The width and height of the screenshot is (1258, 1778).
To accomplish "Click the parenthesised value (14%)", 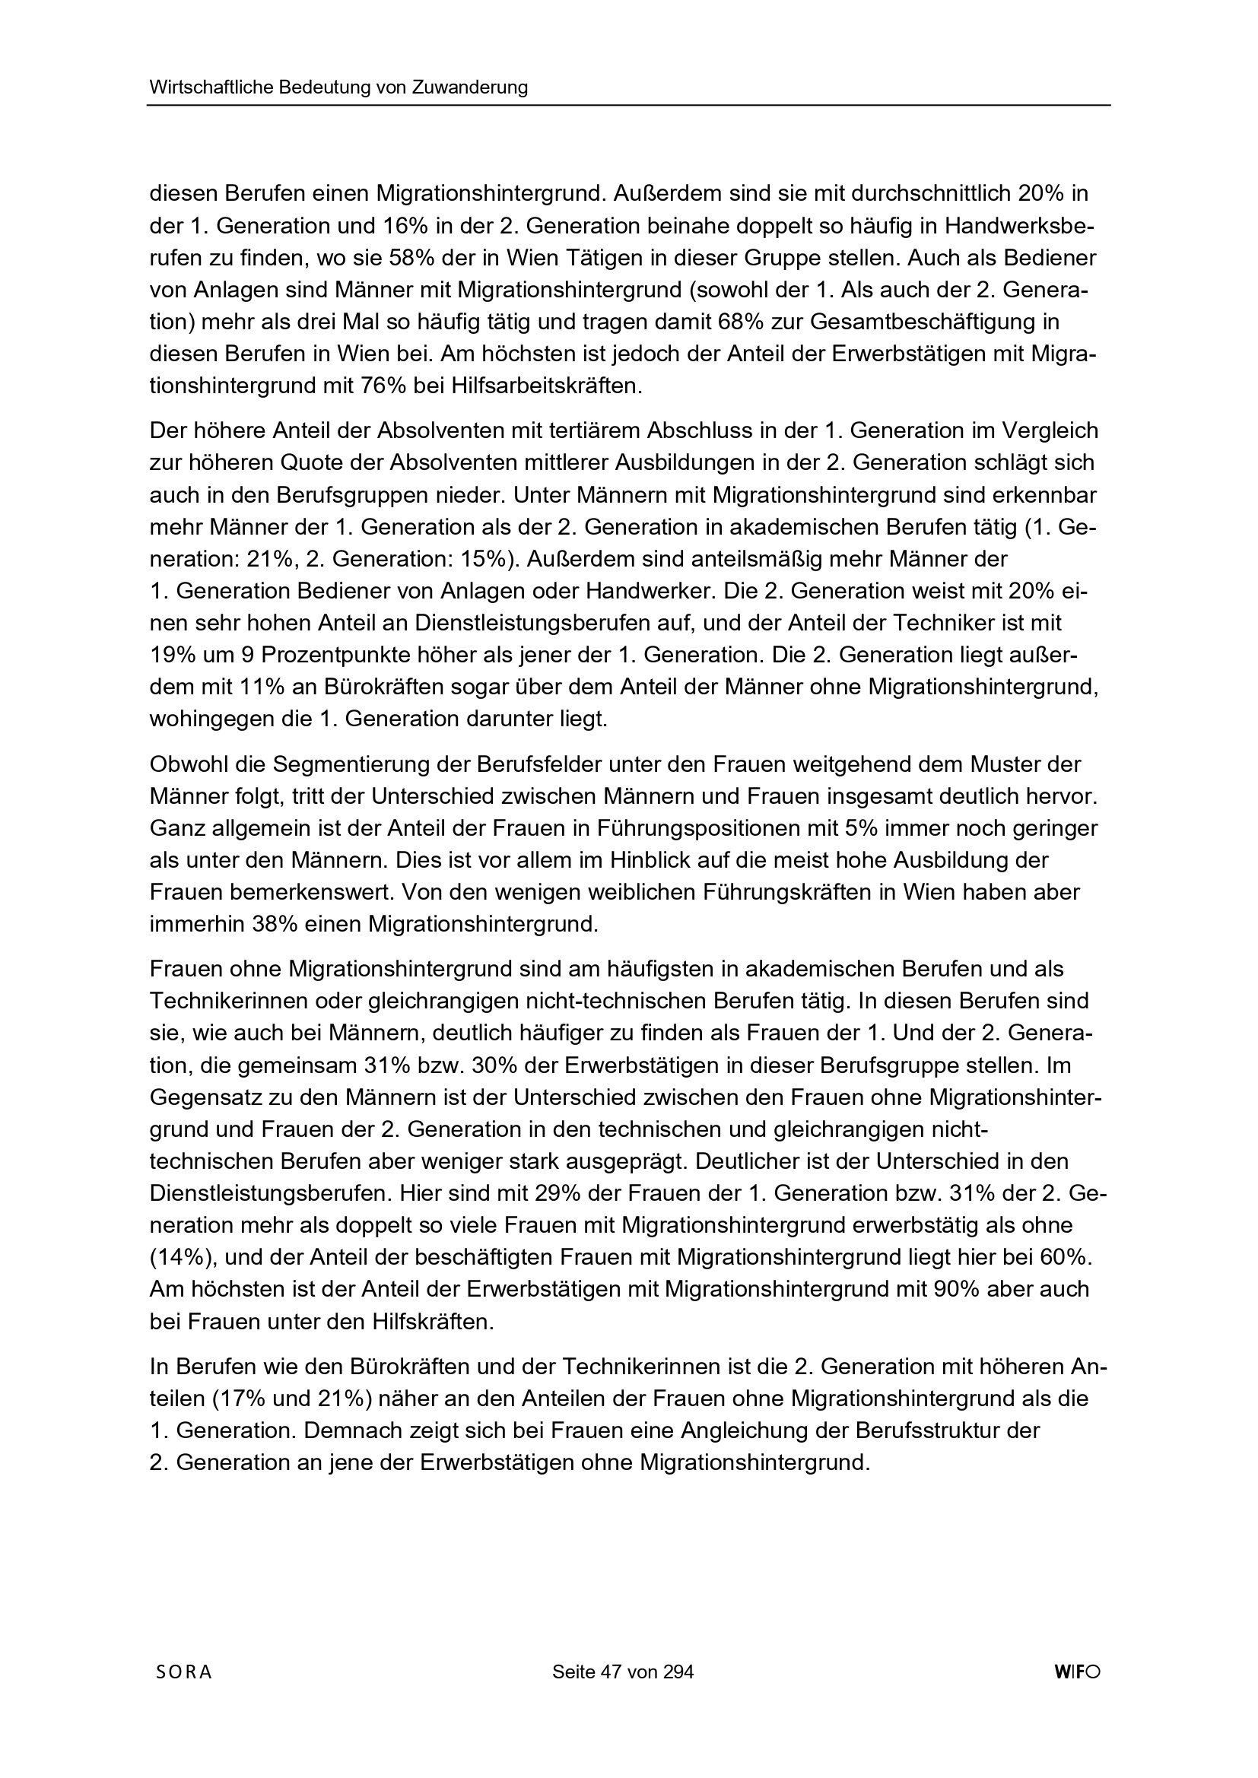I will pyautogui.click(x=180, y=1258).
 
